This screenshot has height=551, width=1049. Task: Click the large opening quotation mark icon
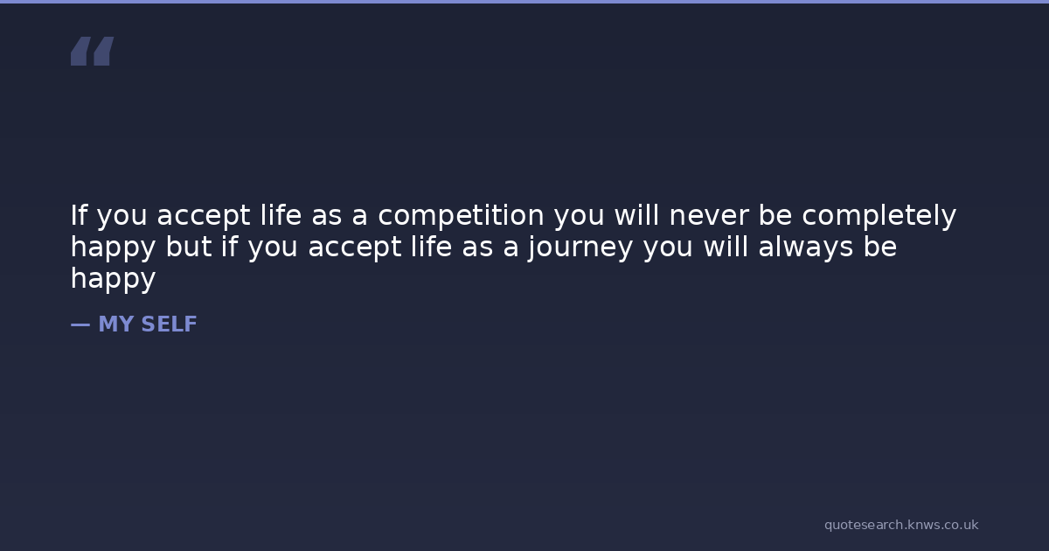click(93, 51)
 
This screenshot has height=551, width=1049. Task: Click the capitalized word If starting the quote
click(79, 215)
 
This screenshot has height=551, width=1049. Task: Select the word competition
click(461, 216)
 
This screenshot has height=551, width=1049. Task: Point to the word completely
click(879, 216)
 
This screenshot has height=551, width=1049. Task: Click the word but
click(188, 247)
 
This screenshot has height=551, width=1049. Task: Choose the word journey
click(580, 248)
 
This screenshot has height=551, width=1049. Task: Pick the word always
click(805, 248)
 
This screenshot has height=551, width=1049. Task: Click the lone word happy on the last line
click(113, 279)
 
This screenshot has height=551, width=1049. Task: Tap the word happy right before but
click(113, 248)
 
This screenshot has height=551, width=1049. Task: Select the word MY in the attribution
click(116, 324)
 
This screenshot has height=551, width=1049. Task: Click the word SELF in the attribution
click(169, 324)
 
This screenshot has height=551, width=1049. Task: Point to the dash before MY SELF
click(80, 324)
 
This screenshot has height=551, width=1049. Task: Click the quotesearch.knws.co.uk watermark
click(901, 525)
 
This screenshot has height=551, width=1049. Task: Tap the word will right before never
click(637, 215)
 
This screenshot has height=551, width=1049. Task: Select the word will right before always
click(726, 247)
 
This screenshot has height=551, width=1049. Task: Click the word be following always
click(880, 247)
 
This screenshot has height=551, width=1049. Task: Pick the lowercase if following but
click(229, 247)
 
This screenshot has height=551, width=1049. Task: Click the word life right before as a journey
click(431, 247)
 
